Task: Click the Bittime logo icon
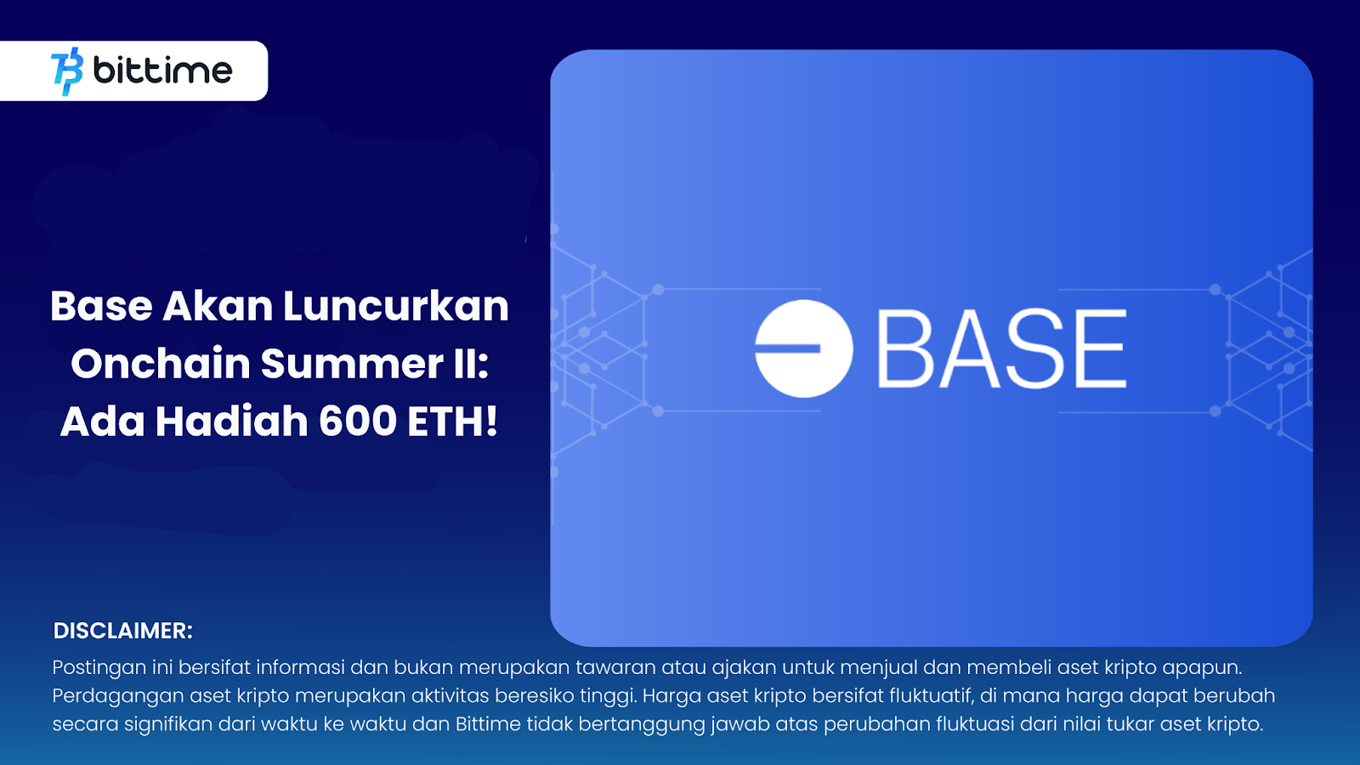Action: coord(67,71)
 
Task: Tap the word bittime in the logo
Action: coord(162,71)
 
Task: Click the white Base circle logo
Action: coord(803,348)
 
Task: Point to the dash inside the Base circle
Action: coord(788,348)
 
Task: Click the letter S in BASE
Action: coord(1032,348)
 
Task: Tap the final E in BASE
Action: coord(1101,348)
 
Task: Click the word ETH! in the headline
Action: coord(452,422)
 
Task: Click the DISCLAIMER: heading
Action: coord(123,631)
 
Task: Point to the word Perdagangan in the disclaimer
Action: coord(117,696)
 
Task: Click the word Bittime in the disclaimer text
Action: coord(488,724)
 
